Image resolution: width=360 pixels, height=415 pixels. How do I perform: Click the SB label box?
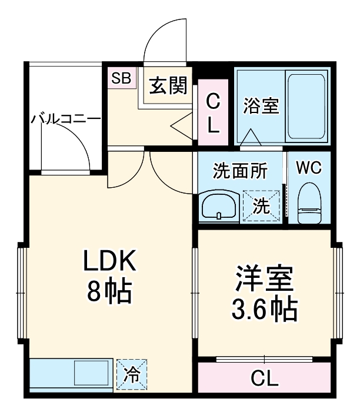tap(122, 78)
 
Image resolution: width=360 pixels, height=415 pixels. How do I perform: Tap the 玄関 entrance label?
tap(167, 87)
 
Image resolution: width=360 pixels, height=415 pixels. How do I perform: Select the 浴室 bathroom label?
tap(261, 107)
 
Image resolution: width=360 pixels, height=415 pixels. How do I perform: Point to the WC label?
tap(308, 168)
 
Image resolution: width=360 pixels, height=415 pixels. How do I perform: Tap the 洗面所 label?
tap(239, 171)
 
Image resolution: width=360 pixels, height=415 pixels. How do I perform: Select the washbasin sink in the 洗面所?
tap(218, 206)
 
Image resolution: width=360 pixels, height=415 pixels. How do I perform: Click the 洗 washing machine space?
tap(262, 205)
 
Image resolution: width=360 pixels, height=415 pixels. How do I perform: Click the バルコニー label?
tap(65, 119)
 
